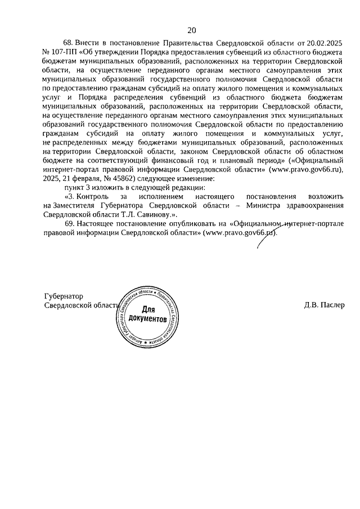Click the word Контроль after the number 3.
[94, 196]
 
